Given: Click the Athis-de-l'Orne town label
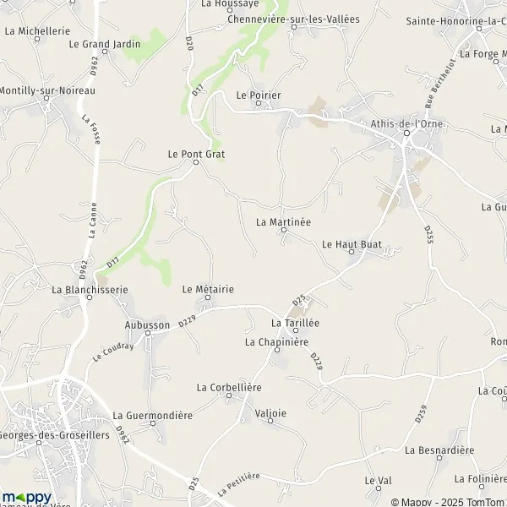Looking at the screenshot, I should pyautogui.click(x=406, y=123).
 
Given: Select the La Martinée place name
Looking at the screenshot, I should pyautogui.click(x=283, y=221).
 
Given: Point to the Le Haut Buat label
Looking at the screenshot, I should pyautogui.click(x=352, y=243).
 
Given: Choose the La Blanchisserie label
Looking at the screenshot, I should pyautogui.click(x=90, y=289).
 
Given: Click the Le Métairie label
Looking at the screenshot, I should pyautogui.click(x=208, y=289).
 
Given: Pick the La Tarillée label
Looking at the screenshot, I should pyautogui.click(x=294, y=323).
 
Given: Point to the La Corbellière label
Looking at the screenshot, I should pyautogui.click(x=229, y=387).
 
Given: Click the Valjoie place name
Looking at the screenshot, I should pyautogui.click(x=270, y=413).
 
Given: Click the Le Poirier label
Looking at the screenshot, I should pyautogui.click(x=259, y=95).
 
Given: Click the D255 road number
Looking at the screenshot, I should pyautogui.click(x=428, y=234).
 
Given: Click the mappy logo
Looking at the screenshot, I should pyautogui.click(x=27, y=497).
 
